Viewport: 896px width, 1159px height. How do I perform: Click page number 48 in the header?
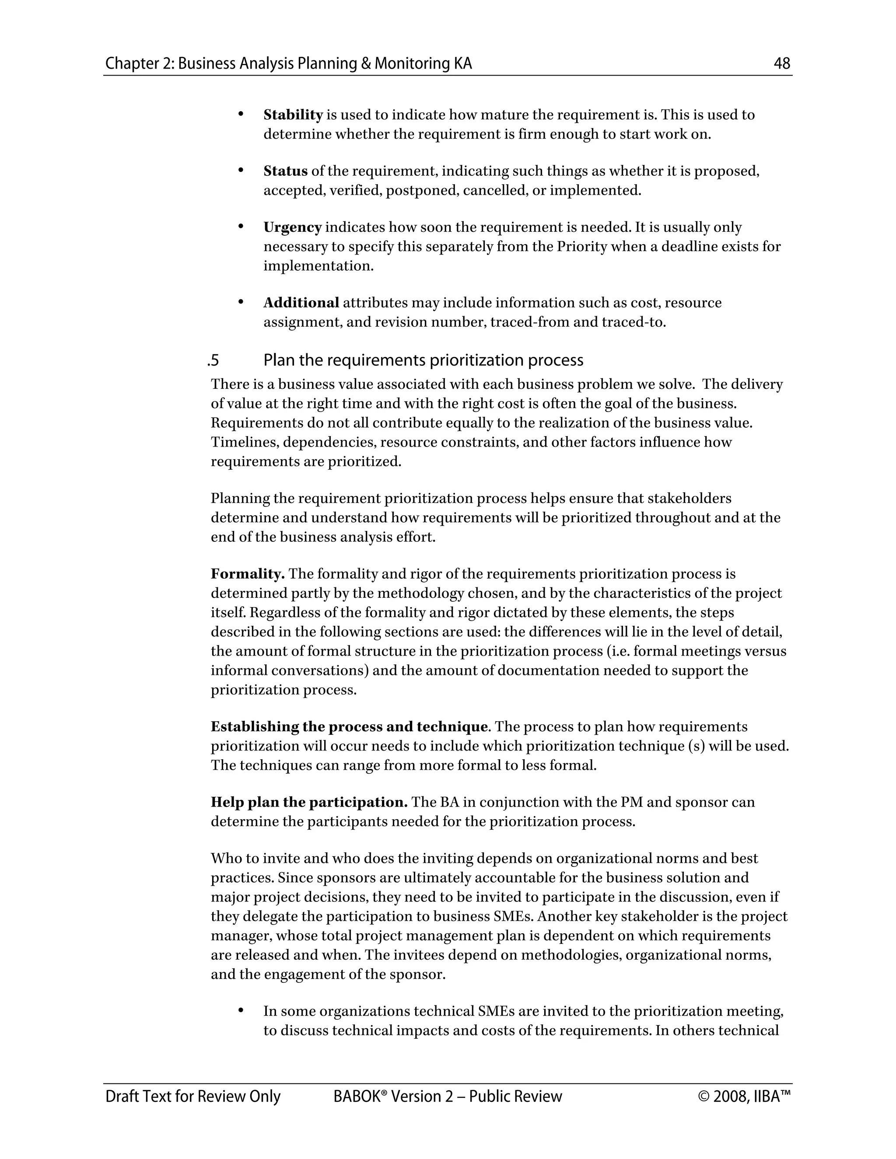coord(782,64)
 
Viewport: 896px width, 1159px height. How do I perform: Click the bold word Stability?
coord(293,115)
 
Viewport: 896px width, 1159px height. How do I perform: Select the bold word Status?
coord(286,171)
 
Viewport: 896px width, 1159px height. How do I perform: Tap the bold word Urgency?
coord(293,228)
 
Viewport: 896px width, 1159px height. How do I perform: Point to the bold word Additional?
coord(301,303)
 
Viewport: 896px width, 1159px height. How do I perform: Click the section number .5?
coord(213,361)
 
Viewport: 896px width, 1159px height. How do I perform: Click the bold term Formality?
coord(247,574)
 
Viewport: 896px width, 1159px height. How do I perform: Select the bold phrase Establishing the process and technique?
coord(349,727)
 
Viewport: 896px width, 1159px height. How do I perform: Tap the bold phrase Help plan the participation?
coord(309,803)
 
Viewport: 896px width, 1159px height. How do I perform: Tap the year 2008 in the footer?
coord(731,1096)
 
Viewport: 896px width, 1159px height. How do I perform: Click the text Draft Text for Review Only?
coord(192,1096)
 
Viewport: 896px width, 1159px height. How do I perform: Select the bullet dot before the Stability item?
coord(241,114)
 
